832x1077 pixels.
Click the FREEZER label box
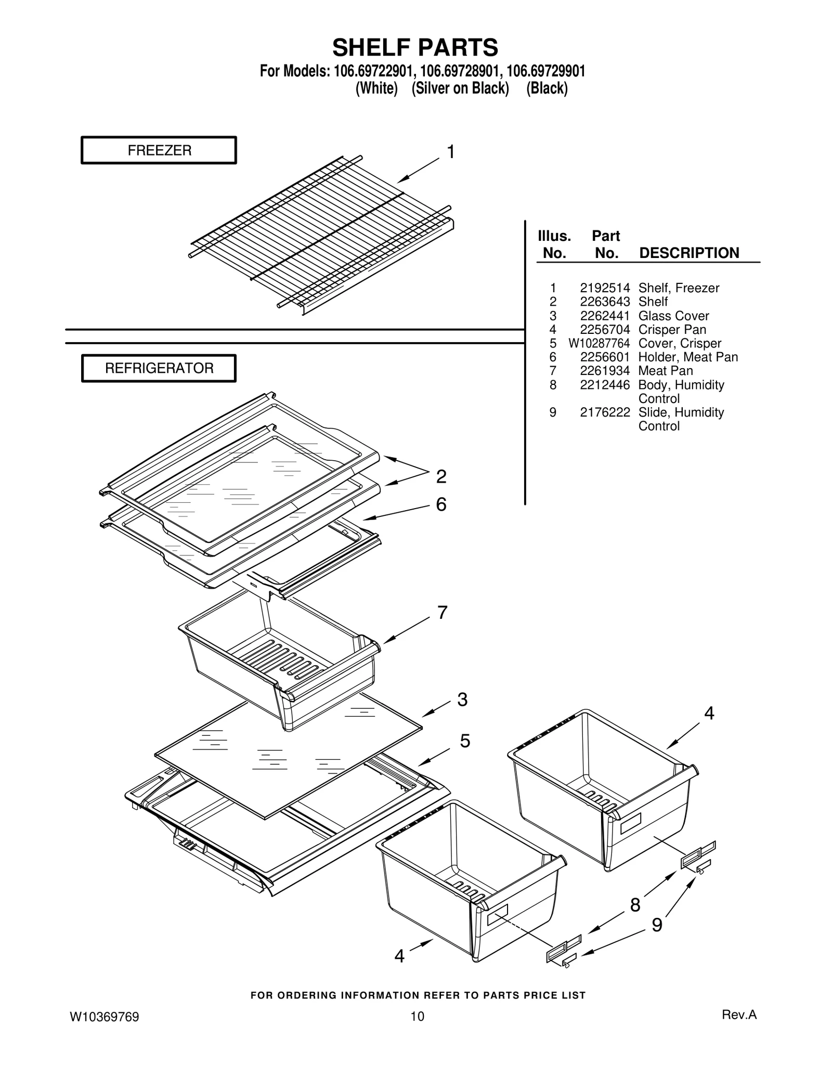pyautogui.click(x=159, y=150)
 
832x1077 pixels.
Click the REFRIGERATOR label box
pyautogui.click(x=159, y=368)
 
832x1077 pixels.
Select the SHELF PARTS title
pyautogui.click(x=415, y=47)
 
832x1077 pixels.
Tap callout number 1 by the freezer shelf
pyautogui.click(x=451, y=152)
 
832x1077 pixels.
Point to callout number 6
pyautogui.click(x=441, y=504)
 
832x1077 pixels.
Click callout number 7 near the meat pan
pyautogui.click(x=442, y=613)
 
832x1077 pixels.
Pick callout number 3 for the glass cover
pyautogui.click(x=462, y=699)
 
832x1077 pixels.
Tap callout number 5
pyautogui.click(x=465, y=741)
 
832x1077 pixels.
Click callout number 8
pyautogui.click(x=635, y=905)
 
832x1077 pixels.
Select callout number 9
pyautogui.click(x=657, y=925)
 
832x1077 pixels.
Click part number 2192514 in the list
pyautogui.click(x=605, y=288)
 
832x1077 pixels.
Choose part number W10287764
pyautogui.click(x=599, y=343)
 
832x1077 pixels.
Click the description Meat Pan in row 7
pyautogui.click(x=666, y=371)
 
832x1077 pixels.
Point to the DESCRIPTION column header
pyautogui.click(x=689, y=253)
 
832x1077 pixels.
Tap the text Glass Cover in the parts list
pyautogui.click(x=673, y=316)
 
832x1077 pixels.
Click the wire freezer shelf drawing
pyautogui.click(x=322, y=234)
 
